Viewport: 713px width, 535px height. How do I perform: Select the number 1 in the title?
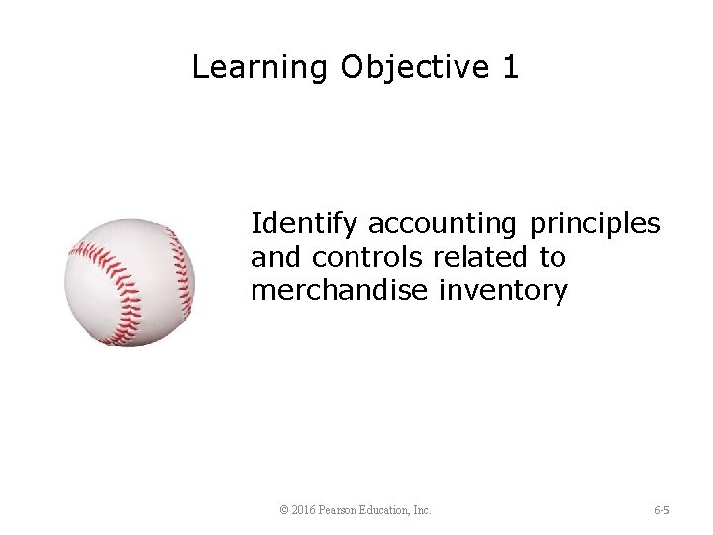510,67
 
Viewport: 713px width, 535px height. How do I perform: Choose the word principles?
595,224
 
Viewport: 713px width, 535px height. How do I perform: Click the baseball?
130,282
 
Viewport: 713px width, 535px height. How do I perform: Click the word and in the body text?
276,257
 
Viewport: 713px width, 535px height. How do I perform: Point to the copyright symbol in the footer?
285,510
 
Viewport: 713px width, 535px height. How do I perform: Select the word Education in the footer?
394,510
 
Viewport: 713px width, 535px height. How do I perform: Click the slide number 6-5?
662,510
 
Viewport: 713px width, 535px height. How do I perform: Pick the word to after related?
553,257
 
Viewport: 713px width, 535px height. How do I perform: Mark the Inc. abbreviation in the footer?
423,510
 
